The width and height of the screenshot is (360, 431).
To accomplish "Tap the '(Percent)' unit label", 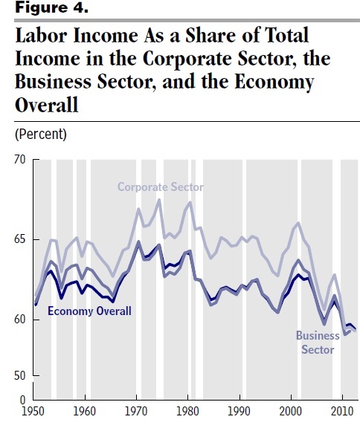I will pos(41,135).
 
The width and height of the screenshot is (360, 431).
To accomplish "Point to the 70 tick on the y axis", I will pos(20,159).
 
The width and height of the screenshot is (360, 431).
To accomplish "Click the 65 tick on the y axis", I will pos(20,240).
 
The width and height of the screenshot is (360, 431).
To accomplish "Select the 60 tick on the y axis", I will pos(20,320).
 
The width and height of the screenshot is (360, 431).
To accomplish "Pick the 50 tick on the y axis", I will pos(20,376).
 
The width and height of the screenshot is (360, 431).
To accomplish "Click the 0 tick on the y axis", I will pos(23,400).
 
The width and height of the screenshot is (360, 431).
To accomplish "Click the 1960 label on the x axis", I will pos(85,410).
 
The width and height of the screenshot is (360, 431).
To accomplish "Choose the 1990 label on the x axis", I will pos(240,410).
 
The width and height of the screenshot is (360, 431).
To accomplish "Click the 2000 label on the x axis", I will pos(292,410).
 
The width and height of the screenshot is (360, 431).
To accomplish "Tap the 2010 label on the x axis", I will pos(342,410).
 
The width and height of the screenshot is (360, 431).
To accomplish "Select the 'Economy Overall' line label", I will pos(89,311).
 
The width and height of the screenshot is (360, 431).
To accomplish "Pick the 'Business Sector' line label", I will pos(318,342).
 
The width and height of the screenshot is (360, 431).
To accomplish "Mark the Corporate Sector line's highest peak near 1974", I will pos(158,199).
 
